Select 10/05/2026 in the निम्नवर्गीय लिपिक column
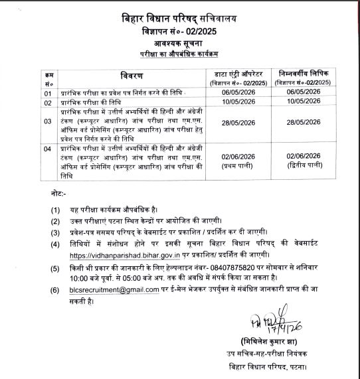[304, 103]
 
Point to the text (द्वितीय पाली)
[304, 163]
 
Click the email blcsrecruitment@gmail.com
[100, 290]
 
